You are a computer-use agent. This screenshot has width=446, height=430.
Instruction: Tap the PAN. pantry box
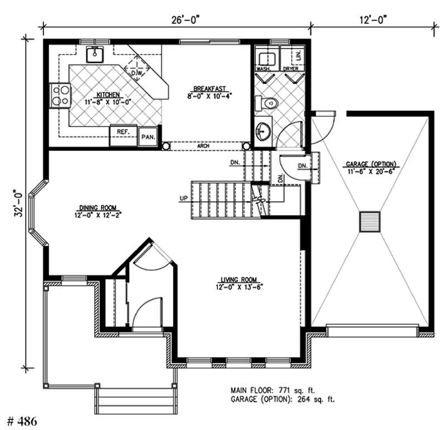(148, 136)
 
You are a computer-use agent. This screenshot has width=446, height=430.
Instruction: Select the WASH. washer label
(263, 69)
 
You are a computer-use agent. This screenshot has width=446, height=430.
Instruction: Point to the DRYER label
(290, 69)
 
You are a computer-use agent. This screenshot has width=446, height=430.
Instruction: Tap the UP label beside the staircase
(183, 198)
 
